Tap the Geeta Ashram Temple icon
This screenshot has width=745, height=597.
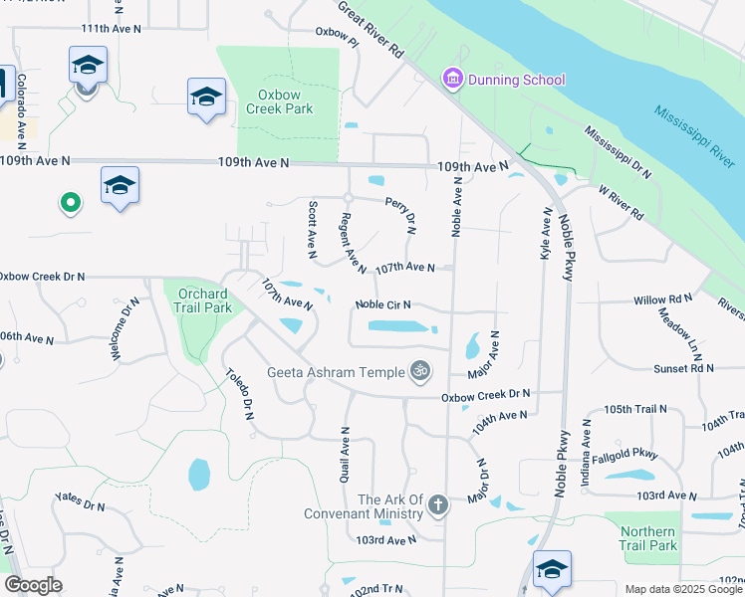[x=420, y=371]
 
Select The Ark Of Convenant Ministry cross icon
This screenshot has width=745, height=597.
[x=436, y=506]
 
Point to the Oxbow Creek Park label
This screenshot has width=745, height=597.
[x=285, y=101]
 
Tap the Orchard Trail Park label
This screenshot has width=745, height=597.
[x=204, y=300]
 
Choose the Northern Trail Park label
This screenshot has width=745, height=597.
[x=647, y=538]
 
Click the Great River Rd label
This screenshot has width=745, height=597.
[x=370, y=29]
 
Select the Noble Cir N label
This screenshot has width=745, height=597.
[x=383, y=305]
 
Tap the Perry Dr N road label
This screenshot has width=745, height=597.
[x=409, y=214]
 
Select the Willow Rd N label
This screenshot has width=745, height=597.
[x=662, y=298]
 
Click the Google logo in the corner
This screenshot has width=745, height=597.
[x=34, y=586]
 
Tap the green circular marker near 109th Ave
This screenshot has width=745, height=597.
[x=70, y=204]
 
